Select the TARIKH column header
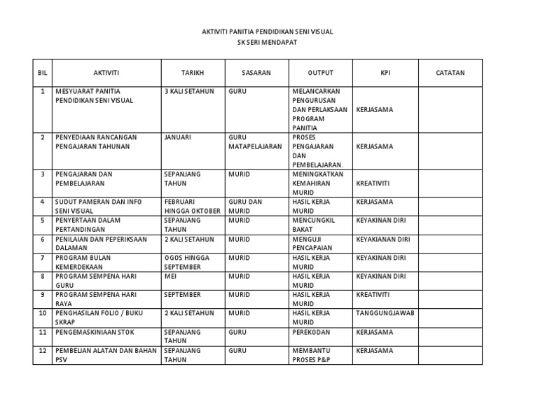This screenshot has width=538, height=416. coord(192,73)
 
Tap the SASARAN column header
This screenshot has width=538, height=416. coord(256,73)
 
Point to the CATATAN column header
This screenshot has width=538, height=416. coord(450,73)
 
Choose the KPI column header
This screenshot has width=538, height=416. coord(385,73)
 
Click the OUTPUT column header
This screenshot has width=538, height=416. coord(321,73)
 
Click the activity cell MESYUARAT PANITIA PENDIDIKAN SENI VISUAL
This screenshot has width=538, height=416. coord(95,96)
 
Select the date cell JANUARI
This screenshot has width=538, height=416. coord(178,137)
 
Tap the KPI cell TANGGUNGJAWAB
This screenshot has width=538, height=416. coord(385,313)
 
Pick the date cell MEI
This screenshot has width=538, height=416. coord(170,277)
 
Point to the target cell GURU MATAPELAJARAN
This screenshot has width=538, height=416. coord(254,142)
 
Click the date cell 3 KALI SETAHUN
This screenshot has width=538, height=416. coord(189,91)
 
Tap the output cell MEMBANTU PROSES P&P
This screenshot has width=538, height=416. coord(312,355)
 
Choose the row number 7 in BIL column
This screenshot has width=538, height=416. coord(43,258)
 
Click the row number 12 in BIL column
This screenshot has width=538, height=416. coord(43,350)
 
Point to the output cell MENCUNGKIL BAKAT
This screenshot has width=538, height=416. coord(314,225)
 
